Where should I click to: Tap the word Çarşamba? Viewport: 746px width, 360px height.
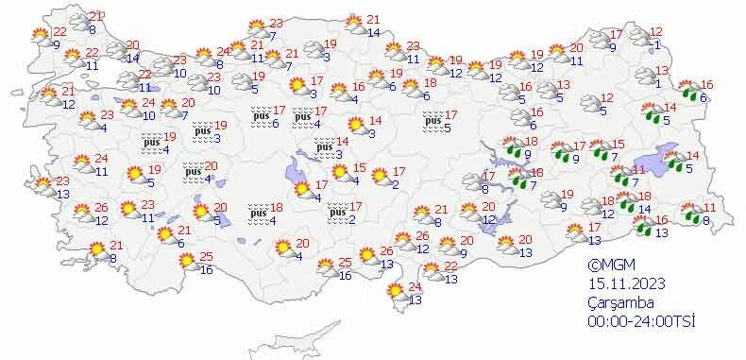(x=618, y=303)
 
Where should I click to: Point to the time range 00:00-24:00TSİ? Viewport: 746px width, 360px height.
(x=642, y=321)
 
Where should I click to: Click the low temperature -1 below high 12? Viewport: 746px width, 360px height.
(x=656, y=46)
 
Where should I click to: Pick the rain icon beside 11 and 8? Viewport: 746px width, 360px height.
(x=691, y=214)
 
